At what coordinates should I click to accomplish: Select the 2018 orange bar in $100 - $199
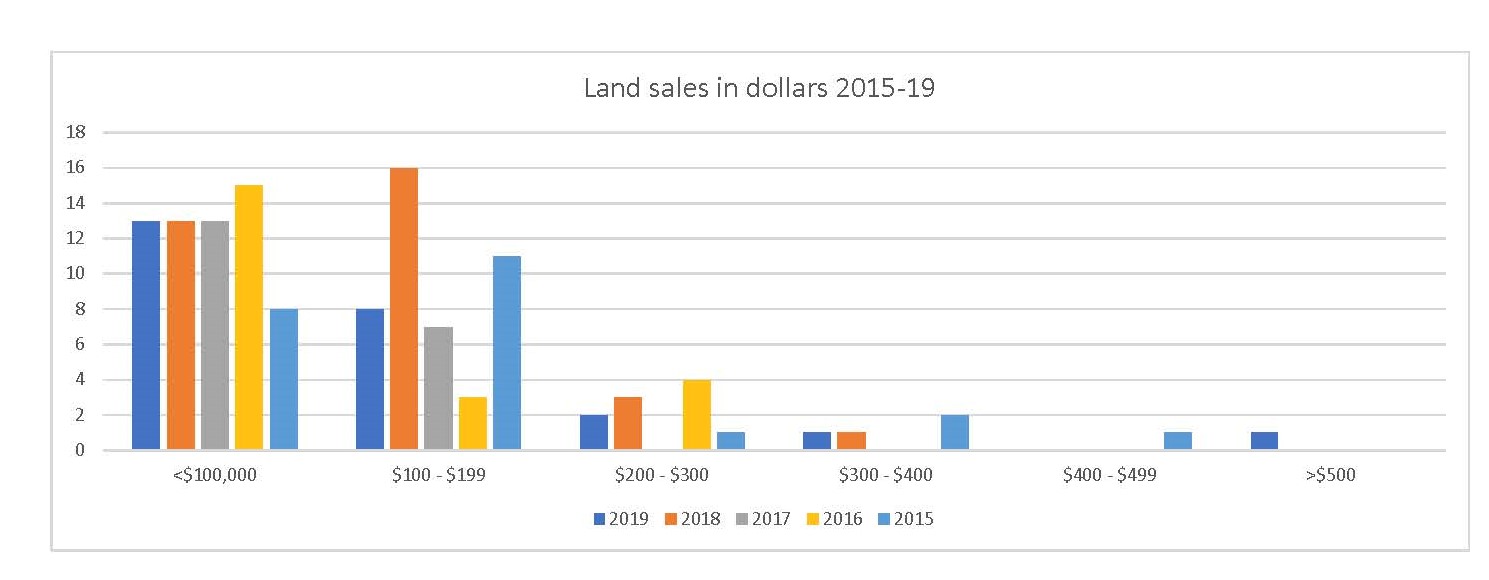tap(404, 309)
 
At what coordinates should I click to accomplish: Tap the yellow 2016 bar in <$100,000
tap(249, 318)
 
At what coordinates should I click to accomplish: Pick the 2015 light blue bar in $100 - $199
tap(506, 353)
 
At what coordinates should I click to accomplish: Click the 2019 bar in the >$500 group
tap(1264, 441)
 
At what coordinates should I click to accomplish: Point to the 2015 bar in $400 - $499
tap(1177, 441)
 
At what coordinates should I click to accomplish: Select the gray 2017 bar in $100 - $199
tap(438, 388)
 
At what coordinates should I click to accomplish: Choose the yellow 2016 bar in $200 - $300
tap(697, 415)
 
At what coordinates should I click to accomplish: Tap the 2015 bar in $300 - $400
tap(955, 432)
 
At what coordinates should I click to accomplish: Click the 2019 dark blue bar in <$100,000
tap(146, 335)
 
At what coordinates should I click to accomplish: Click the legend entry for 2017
tap(762, 519)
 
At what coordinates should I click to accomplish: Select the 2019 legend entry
tap(621, 519)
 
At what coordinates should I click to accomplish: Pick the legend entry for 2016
tap(833, 519)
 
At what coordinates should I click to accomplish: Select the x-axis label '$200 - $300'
tap(662, 475)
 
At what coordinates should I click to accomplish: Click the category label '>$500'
tap(1330, 475)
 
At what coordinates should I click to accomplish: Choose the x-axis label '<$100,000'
tap(215, 475)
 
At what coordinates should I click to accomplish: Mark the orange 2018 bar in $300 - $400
tap(852, 441)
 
